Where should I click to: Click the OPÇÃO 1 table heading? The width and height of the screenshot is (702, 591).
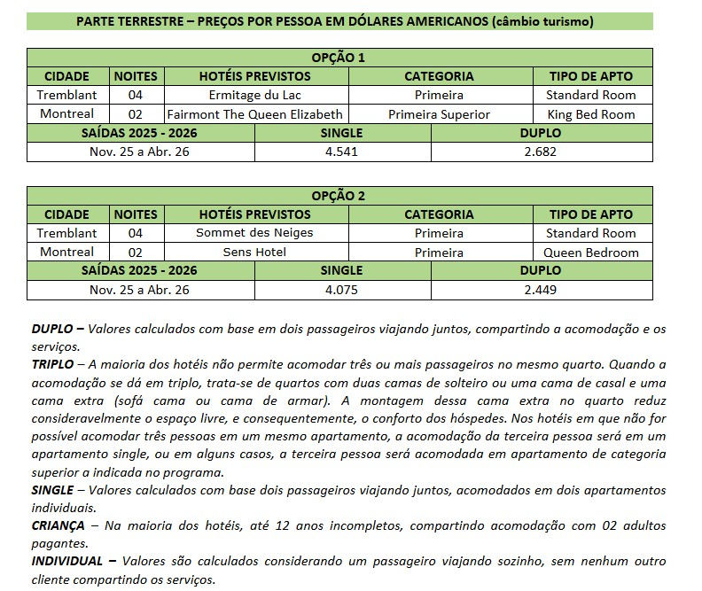(339, 58)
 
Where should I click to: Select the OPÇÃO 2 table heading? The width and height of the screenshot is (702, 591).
(339, 196)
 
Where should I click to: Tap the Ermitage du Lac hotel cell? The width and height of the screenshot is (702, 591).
(254, 95)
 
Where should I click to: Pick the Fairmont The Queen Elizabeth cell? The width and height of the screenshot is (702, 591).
(254, 114)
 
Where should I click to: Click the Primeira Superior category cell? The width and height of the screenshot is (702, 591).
(439, 114)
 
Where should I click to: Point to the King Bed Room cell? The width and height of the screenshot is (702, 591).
(590, 114)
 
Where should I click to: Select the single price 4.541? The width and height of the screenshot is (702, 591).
(341, 152)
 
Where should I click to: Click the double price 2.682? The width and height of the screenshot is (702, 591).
(540, 152)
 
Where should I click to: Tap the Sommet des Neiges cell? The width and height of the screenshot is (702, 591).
(254, 233)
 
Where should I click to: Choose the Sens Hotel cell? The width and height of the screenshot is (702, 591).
(254, 253)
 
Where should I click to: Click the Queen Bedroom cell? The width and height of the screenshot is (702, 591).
(590, 253)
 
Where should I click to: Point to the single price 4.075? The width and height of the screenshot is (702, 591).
(341, 290)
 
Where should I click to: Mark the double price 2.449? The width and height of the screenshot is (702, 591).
(540, 290)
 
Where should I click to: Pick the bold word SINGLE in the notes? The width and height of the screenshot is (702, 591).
(52, 490)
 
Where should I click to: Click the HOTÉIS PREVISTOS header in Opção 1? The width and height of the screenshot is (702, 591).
(254, 76)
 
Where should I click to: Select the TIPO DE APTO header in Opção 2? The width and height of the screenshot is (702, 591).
(590, 214)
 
